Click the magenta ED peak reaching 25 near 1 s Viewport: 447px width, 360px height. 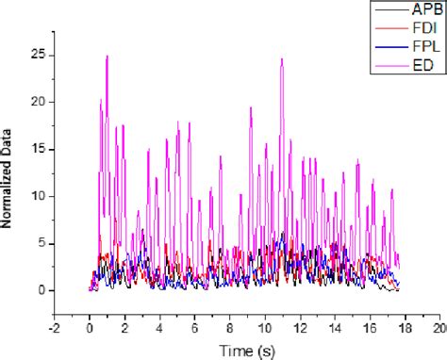point(108,57)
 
